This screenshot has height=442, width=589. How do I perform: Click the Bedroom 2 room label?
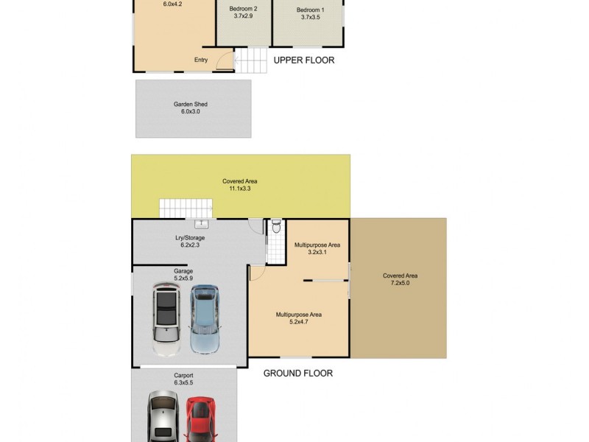(243, 9)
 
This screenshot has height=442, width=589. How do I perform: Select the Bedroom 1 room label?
(308, 10)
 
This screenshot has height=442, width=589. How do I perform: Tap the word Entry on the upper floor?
(201, 60)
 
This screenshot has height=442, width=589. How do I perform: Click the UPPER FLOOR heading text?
(304, 60)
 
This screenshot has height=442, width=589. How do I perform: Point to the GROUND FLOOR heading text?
(298, 373)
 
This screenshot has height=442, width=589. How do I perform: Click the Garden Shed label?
(190, 105)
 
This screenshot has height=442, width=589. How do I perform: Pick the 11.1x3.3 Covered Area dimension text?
(240, 189)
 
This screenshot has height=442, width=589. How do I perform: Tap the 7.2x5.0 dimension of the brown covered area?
(400, 283)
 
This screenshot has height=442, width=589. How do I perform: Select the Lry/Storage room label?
(190, 238)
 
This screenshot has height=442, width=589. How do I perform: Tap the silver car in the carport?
(163, 418)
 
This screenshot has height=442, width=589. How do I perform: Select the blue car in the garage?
(205, 318)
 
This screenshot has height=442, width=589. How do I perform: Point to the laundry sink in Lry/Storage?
(201, 223)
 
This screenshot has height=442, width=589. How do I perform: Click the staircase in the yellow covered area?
(180, 208)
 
